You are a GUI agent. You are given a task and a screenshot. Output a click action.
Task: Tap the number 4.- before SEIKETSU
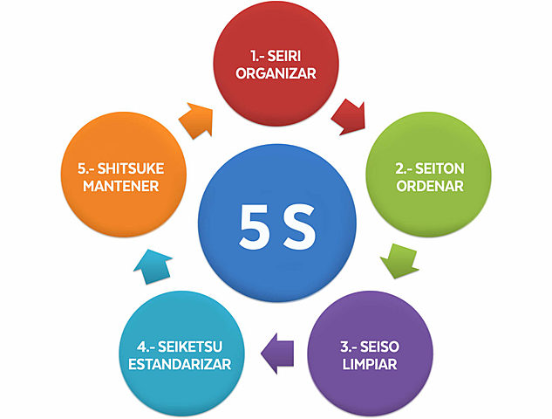click(144, 342)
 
